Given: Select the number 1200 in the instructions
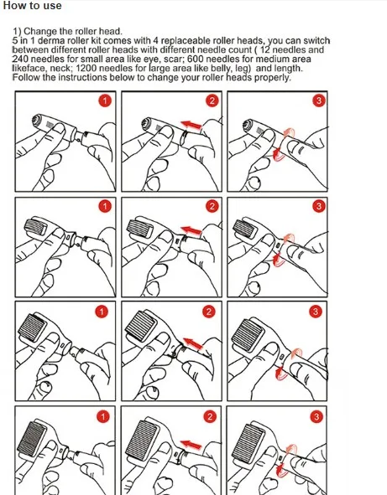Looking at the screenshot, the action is click(86, 68).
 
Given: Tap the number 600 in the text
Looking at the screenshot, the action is click(196, 59).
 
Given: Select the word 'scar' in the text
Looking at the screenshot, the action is click(172, 59).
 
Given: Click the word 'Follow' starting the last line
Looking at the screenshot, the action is click(26, 77).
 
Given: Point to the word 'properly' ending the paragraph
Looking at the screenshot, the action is click(273, 78).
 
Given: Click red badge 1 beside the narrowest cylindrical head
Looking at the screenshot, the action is click(105, 101).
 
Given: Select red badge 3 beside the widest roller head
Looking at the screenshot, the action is click(316, 417).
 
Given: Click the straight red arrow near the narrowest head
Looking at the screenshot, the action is click(191, 125).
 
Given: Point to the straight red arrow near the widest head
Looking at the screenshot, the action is click(191, 445).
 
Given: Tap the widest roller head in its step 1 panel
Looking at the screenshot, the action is click(31, 439).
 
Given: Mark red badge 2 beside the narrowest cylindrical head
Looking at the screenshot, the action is click(212, 101).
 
